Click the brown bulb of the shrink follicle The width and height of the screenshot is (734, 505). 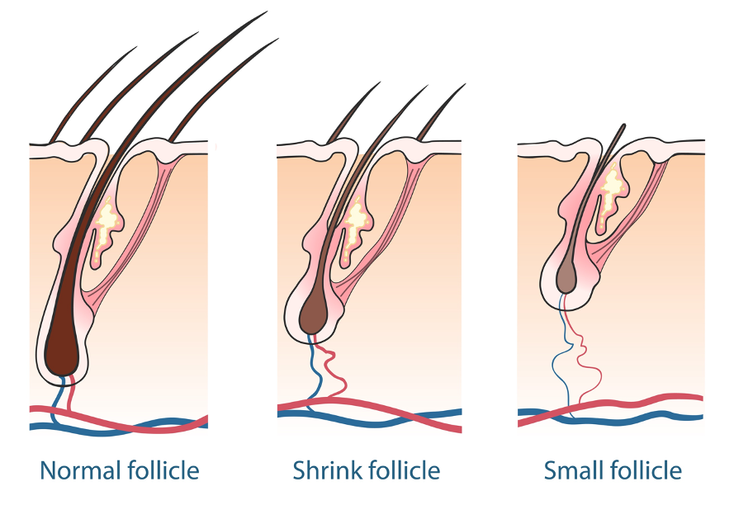[315, 316]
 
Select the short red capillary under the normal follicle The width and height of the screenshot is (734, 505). [71, 393]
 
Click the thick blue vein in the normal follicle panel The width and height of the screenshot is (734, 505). [117, 429]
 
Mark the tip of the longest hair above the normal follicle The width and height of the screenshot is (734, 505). [267, 12]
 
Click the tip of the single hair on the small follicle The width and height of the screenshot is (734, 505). [624, 125]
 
